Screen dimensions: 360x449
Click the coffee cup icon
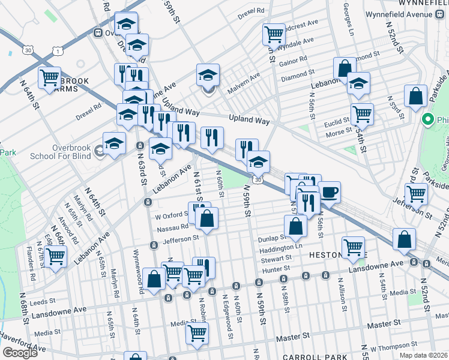pos(329,192)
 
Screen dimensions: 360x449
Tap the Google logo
pos(20,353)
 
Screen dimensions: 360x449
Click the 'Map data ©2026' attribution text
pos(423,355)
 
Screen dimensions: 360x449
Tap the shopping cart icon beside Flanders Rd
pos(55,257)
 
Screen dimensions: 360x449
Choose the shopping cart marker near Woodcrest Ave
pos(274,34)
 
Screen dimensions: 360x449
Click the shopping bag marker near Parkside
pos(415,96)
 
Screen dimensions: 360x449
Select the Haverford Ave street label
pos(23,347)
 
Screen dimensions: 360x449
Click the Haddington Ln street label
pos(282,247)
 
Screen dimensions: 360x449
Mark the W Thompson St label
pos(394,347)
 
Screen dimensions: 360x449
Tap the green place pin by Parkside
pos(427,118)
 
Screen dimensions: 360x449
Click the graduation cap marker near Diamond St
pos(358,84)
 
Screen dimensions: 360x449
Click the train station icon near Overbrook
pos(97,33)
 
